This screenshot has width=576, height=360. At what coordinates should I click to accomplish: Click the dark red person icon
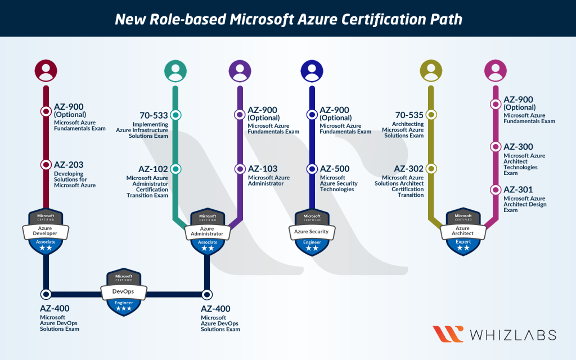tap(46, 70)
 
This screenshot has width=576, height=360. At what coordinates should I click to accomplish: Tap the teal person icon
tap(175, 70)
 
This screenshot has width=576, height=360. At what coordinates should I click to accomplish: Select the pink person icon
tap(496, 70)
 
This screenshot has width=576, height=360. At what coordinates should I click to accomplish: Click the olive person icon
tap(431, 70)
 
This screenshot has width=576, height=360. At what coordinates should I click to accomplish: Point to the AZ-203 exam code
tap(69, 165)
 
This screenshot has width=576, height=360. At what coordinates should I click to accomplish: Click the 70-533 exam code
tap(154, 115)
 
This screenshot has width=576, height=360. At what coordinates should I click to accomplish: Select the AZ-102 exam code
tap(153, 169)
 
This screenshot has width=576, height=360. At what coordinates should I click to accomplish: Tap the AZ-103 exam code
tap(263, 169)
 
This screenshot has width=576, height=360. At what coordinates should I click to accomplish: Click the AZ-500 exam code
tap(335, 169)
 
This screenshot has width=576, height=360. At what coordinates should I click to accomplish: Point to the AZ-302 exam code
tap(409, 169)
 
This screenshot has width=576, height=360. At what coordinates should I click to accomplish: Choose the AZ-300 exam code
tap(518, 147)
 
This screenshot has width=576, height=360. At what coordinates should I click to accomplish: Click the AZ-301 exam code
tap(518, 190)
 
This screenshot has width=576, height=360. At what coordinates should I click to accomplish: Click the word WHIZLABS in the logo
tap(514, 335)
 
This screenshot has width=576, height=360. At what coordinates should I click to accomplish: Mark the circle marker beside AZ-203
tap(46, 165)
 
